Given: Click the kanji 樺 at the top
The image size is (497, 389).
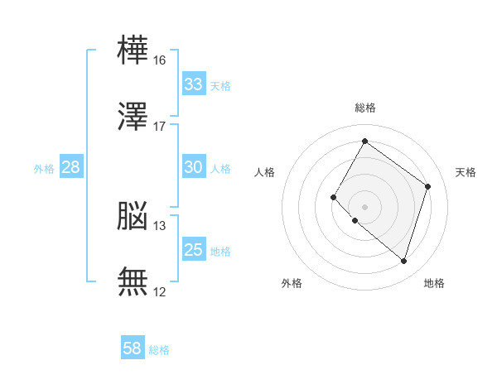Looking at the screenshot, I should [133, 51].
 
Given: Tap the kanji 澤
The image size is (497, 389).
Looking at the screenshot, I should [133, 118].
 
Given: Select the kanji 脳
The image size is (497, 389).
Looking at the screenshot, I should [133, 216].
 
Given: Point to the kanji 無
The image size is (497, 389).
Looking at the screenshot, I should [133, 282].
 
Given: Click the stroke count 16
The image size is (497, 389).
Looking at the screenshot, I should [160, 60].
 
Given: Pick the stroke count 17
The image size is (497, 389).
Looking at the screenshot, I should [160, 127].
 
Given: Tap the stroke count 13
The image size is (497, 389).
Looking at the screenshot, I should [160, 225].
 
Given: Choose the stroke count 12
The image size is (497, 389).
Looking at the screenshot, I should [160, 291].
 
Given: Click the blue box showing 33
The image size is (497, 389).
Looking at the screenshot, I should [193, 84].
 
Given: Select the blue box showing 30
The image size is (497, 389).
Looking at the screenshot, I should [193, 167].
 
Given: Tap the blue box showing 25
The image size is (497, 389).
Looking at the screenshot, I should [193, 250].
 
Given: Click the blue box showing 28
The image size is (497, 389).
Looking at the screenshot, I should [70, 167].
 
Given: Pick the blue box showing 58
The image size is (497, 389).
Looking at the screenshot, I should [133, 348].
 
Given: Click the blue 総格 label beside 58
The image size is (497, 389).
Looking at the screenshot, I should [159, 350].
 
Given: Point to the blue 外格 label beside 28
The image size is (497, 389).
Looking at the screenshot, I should [44, 169].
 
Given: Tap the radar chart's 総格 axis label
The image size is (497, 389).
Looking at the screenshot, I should [364, 108].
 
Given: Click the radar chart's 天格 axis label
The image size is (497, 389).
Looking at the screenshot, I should [466, 172].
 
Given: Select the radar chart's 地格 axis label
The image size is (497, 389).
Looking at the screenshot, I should [434, 283].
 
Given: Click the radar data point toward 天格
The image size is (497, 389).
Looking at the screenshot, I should [427, 186].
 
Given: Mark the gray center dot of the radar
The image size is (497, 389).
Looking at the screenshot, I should [364, 206].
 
